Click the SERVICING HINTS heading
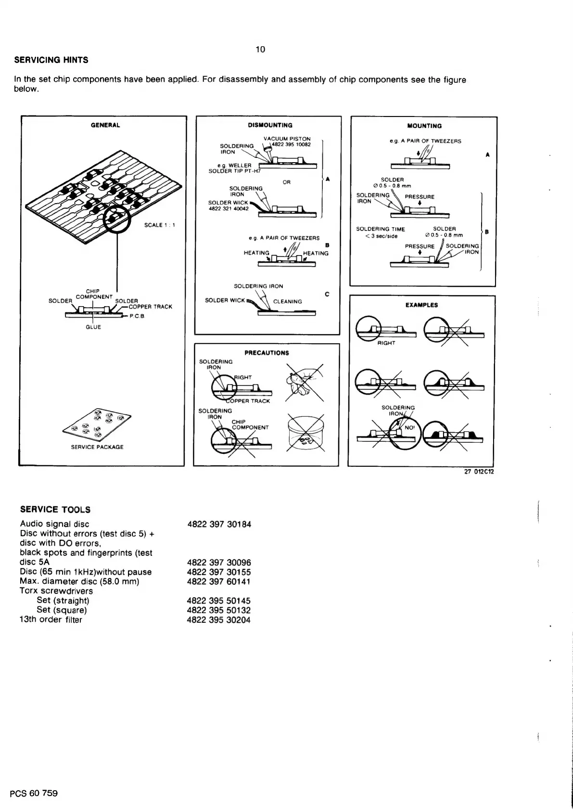[51, 60]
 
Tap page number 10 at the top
[260, 49]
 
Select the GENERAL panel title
[105, 125]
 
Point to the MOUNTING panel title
[424, 126]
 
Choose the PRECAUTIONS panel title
[267, 353]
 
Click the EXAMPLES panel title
[421, 305]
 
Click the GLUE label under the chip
[93, 327]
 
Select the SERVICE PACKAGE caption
[97, 447]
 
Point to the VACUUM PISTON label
[287, 139]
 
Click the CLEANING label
[287, 302]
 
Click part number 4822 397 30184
[219, 524]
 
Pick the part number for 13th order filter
[219, 620]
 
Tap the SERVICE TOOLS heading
[55, 510]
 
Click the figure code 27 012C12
[479, 471]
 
